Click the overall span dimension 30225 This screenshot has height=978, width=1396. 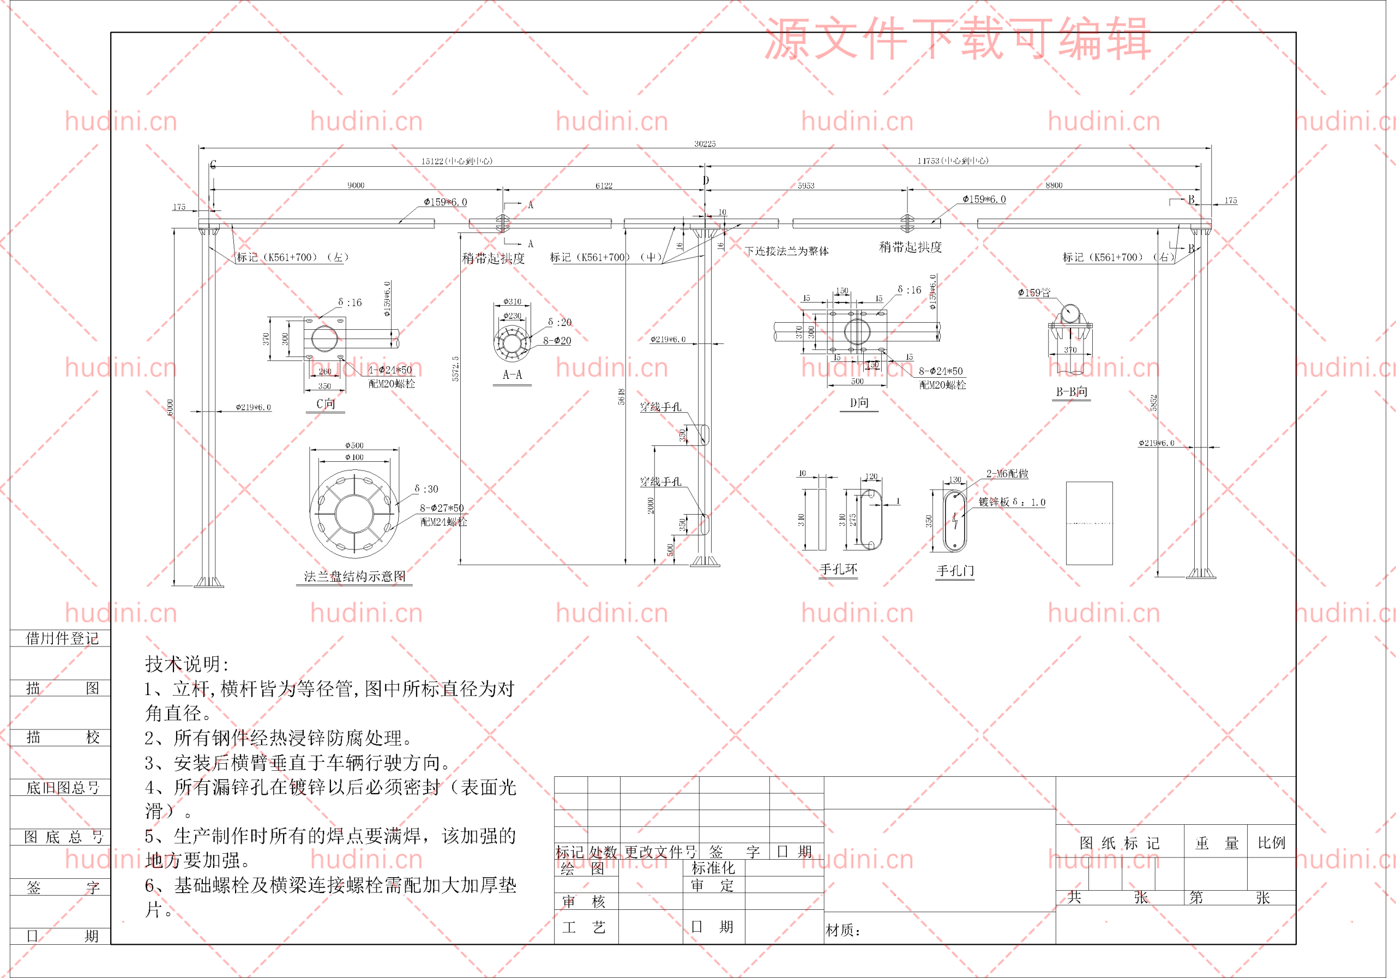[x=705, y=144]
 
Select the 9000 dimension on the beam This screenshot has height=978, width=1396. [x=356, y=185]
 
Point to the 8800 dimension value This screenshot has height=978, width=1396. [x=1054, y=185]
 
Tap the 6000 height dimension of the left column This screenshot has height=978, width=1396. [x=170, y=407]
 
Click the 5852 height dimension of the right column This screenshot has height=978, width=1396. [x=1153, y=402]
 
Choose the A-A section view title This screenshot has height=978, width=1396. [x=512, y=375]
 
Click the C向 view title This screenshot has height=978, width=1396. [x=326, y=403]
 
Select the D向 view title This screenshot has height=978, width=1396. [x=859, y=403]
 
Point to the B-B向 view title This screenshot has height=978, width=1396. [x=1072, y=392]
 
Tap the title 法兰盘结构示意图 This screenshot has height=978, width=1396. [x=354, y=576]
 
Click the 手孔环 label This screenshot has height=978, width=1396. [x=838, y=570]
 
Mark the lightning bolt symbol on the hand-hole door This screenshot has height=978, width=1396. [x=955, y=521]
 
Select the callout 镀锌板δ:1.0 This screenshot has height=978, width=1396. [x=1012, y=502]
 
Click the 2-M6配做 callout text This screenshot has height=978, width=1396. [x=1007, y=474]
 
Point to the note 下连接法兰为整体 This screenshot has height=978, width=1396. [x=786, y=251]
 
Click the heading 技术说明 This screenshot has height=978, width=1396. [x=186, y=664]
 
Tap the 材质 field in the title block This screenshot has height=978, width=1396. [x=843, y=930]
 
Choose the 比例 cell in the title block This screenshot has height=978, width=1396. [x=1271, y=843]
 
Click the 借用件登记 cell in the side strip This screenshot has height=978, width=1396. [x=62, y=638]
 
